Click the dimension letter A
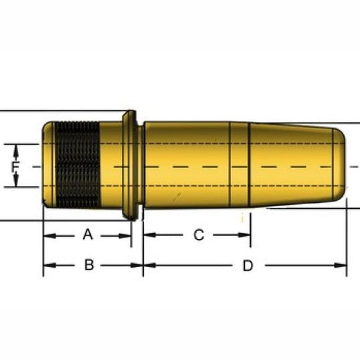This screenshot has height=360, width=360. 88,235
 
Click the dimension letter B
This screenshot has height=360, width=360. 89,265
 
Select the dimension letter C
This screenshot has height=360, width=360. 199,235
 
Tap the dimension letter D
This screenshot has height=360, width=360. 248,266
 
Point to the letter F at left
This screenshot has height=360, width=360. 15,167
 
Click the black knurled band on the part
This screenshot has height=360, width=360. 78,165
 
